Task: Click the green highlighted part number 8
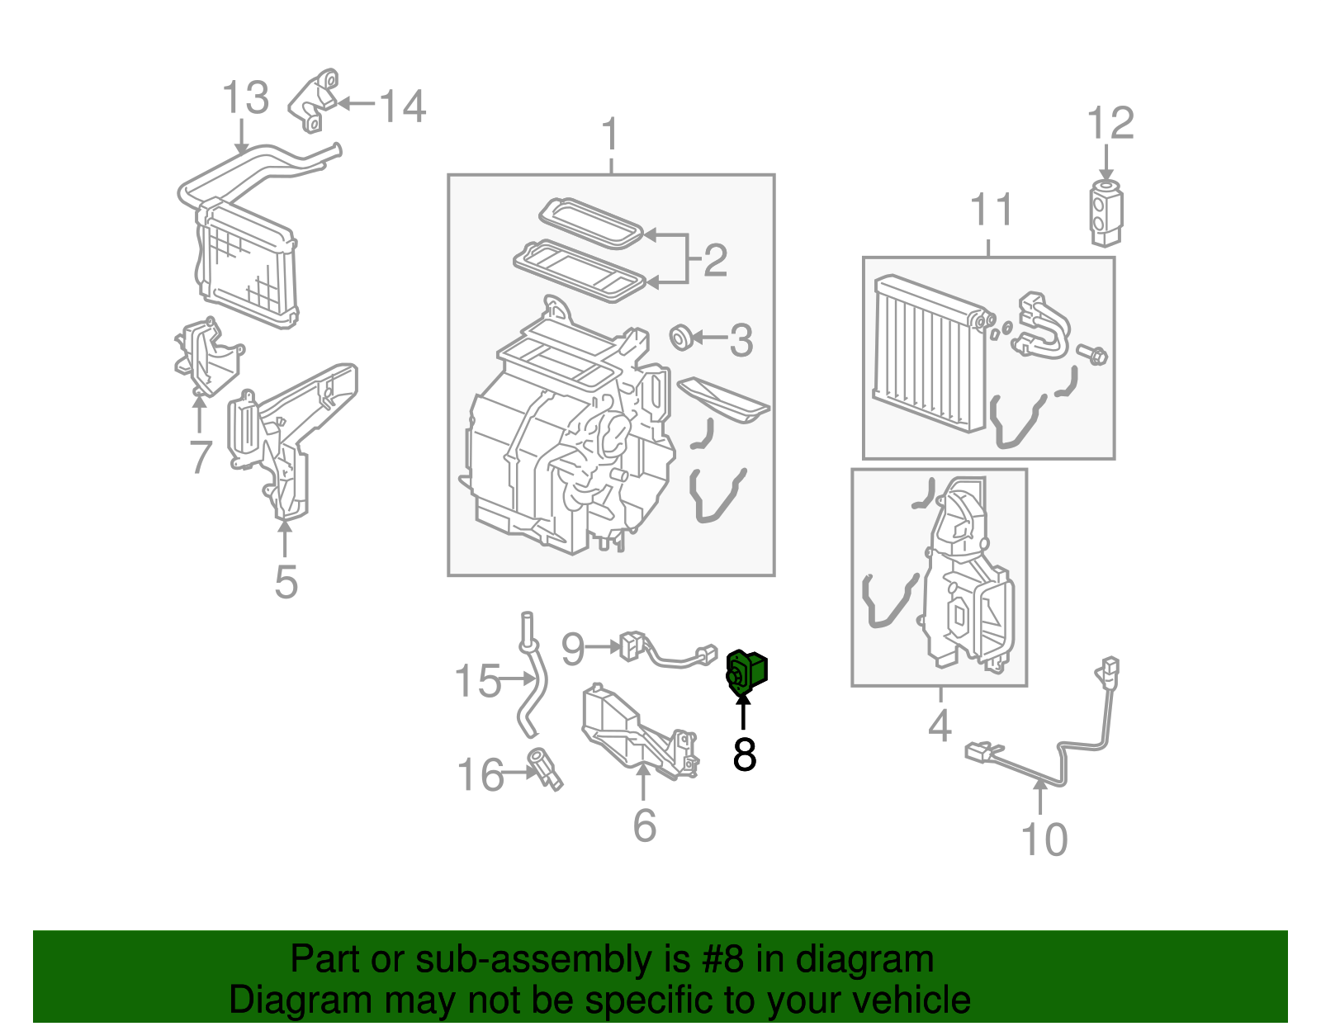point(746,670)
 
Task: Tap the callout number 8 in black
point(744,754)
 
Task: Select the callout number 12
point(1110,124)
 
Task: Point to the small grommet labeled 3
point(681,337)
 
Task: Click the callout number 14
point(402,106)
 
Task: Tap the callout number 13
point(245,97)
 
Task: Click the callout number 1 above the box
point(610,134)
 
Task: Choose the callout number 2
point(715,260)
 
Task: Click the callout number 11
point(991,210)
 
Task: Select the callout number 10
point(1044,839)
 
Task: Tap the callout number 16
point(480,775)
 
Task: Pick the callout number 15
point(477,681)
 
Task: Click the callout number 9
point(572,649)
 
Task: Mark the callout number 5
point(286,582)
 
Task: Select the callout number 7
point(201,456)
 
